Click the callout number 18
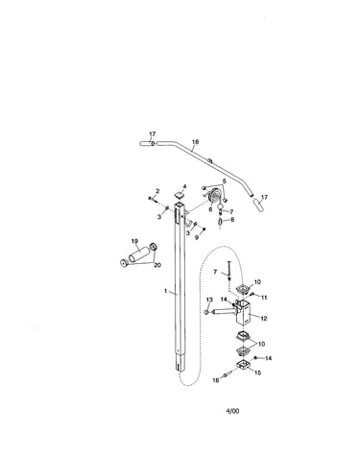tap(195, 142)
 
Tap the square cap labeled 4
tap(180, 195)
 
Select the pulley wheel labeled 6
tap(214, 196)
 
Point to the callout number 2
tap(157, 191)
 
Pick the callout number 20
tap(157, 265)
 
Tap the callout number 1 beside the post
tap(165, 291)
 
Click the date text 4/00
tap(232, 411)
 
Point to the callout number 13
tap(209, 300)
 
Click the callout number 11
tap(264, 298)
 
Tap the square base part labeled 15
tap(244, 365)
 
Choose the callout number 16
tap(216, 380)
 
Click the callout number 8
tap(232, 220)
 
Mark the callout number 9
tap(197, 238)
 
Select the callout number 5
tap(225, 181)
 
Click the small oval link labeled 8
tap(220, 221)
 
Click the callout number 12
tap(264, 319)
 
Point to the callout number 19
tap(134, 241)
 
